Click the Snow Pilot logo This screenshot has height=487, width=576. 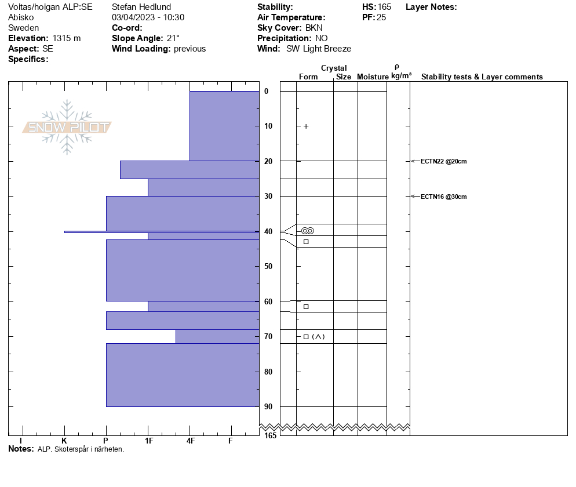(x=67, y=127)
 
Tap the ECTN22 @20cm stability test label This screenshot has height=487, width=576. (x=443, y=161)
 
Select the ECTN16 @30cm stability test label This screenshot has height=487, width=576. (x=443, y=197)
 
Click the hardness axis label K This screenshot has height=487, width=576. (x=64, y=441)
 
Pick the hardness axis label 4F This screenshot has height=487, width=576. (x=191, y=441)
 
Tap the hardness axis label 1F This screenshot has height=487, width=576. (x=149, y=441)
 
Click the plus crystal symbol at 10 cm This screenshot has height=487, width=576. (x=306, y=126)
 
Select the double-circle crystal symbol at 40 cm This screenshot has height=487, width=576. (x=308, y=231)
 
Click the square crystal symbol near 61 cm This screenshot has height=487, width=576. (x=306, y=306)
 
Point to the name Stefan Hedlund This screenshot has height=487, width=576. (x=141, y=7)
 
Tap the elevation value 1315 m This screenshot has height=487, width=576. (x=66, y=38)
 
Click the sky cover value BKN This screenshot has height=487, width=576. (x=315, y=28)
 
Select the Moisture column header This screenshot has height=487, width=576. (x=373, y=77)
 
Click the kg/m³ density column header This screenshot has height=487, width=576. (x=401, y=76)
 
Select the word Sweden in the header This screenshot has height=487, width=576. (x=24, y=28)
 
